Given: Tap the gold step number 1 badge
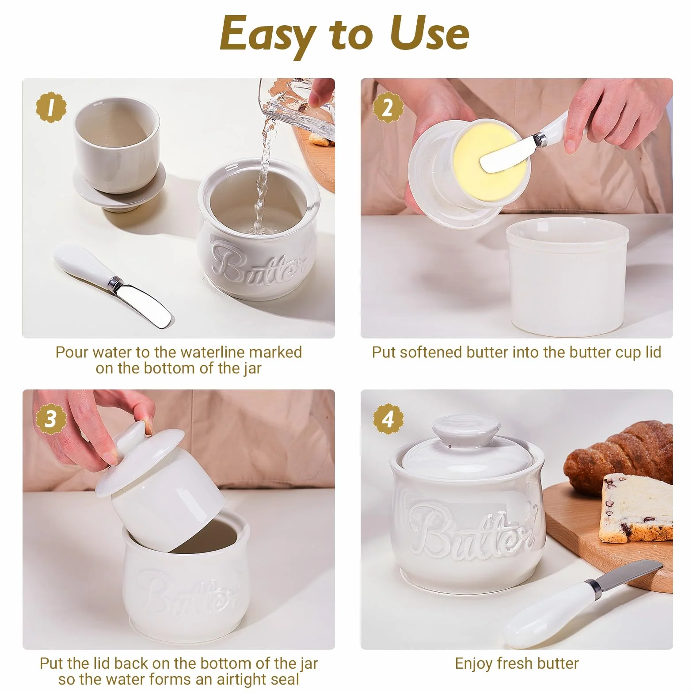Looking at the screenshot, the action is (x=51, y=107).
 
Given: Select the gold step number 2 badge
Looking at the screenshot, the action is (x=388, y=107).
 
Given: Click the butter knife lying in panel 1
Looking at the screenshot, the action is (x=113, y=286).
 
